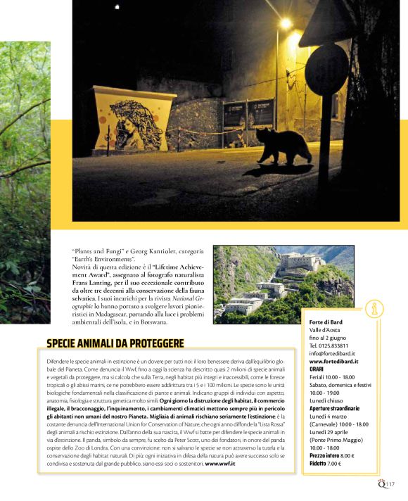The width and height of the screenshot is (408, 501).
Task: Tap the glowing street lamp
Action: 285,24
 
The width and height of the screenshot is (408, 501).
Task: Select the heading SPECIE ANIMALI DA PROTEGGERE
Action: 115,343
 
